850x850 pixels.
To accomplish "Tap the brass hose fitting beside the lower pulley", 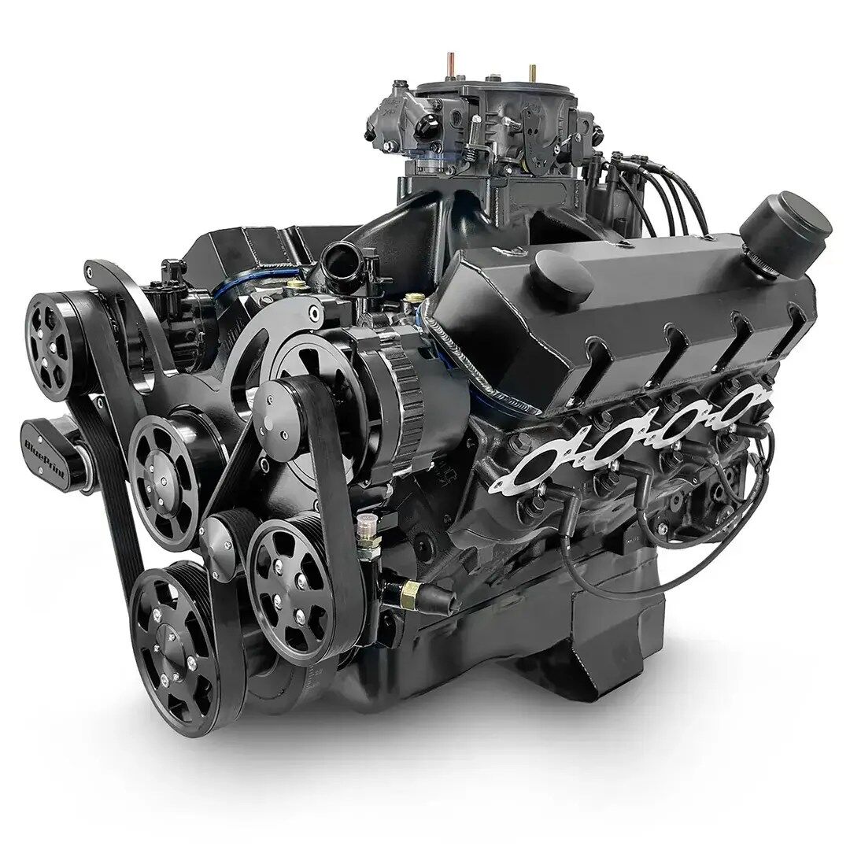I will [409, 589].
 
